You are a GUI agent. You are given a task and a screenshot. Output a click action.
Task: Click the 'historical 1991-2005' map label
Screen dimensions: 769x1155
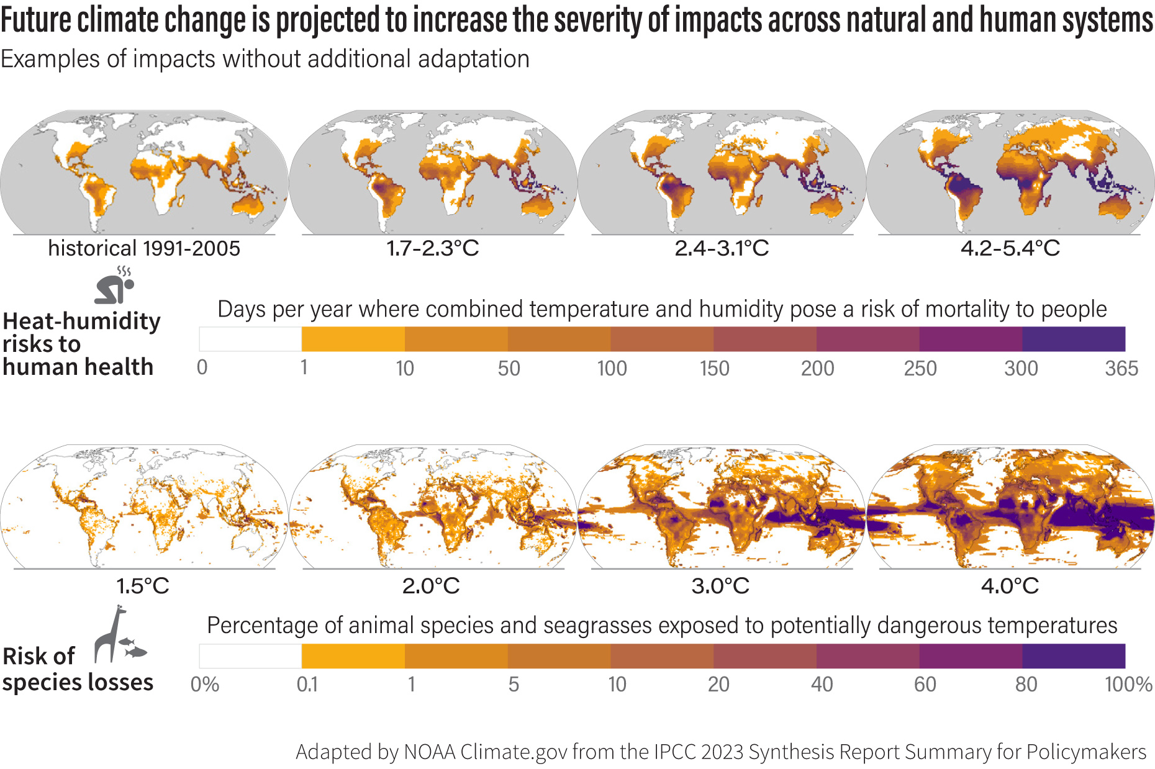tap(144, 248)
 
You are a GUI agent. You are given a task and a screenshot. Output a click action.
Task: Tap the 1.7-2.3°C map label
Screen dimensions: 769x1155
tap(433, 248)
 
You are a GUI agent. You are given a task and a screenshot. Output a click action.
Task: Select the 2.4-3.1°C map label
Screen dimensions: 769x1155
tap(722, 248)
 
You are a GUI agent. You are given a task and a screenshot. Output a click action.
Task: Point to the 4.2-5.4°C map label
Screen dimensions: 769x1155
tap(1010, 248)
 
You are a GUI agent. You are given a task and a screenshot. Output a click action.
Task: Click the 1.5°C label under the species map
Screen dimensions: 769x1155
tap(143, 585)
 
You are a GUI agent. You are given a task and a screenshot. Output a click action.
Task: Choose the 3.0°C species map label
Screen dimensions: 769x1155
tap(720, 585)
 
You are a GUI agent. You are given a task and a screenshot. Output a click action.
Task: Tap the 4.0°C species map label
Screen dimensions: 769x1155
tap(1010, 585)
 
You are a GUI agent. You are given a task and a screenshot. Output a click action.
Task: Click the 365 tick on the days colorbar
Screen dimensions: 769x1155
tap(1121, 369)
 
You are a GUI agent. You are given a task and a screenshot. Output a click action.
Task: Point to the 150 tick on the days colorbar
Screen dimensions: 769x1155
tap(714, 369)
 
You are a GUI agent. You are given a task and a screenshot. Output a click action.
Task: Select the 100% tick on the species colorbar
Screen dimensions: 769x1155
tap(1128, 685)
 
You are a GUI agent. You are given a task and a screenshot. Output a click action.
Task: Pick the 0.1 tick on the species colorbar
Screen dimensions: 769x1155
tap(307, 685)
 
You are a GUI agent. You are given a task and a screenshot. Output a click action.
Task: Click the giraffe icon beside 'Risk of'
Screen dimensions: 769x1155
tap(110, 635)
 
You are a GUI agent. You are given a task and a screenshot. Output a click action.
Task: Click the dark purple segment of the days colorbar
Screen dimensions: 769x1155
tap(1074, 340)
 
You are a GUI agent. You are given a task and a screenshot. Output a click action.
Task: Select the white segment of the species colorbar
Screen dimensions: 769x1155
tap(250, 656)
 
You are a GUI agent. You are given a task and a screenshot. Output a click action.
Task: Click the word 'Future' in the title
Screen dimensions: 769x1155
tap(36, 20)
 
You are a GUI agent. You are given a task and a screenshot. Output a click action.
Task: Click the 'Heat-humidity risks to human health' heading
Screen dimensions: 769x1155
tap(81, 344)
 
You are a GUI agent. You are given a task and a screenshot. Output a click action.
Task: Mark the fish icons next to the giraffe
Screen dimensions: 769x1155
tap(134, 647)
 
